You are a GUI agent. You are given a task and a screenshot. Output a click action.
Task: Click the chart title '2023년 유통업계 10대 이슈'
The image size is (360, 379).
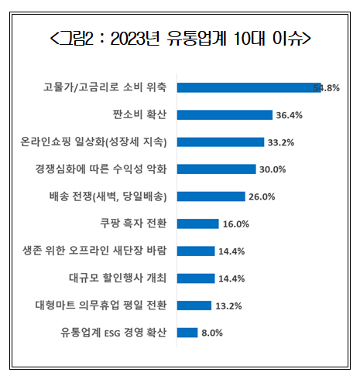pyautogui.click(x=180, y=39)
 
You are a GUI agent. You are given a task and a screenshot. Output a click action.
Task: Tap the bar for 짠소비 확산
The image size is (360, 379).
pyautogui.click(x=225, y=114)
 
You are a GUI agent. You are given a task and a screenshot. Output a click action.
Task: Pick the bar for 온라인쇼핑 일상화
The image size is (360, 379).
pyautogui.click(x=220, y=142)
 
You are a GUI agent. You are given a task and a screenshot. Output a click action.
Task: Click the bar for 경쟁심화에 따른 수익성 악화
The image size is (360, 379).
pyautogui.click(x=216, y=169)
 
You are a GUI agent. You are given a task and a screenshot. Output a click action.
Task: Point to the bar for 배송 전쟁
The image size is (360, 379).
pyautogui.click(x=211, y=196)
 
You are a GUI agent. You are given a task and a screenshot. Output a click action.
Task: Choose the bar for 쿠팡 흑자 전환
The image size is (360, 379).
pyautogui.click(x=197, y=224)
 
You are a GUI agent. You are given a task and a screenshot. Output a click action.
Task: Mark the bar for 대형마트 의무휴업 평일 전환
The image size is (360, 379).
pyautogui.click(x=194, y=306)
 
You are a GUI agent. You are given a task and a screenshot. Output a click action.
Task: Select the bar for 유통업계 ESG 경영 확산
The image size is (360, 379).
pyautogui.click(x=187, y=333)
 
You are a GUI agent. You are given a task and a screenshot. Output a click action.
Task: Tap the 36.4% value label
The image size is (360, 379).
pyautogui.click(x=289, y=115)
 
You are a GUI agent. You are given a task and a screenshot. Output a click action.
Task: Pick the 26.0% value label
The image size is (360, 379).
pyautogui.click(x=262, y=196)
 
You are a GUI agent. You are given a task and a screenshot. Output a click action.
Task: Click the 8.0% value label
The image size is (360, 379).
pyautogui.click(x=212, y=333)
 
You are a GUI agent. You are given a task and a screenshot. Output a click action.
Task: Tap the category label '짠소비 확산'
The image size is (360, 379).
pyautogui.click(x=144, y=114)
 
